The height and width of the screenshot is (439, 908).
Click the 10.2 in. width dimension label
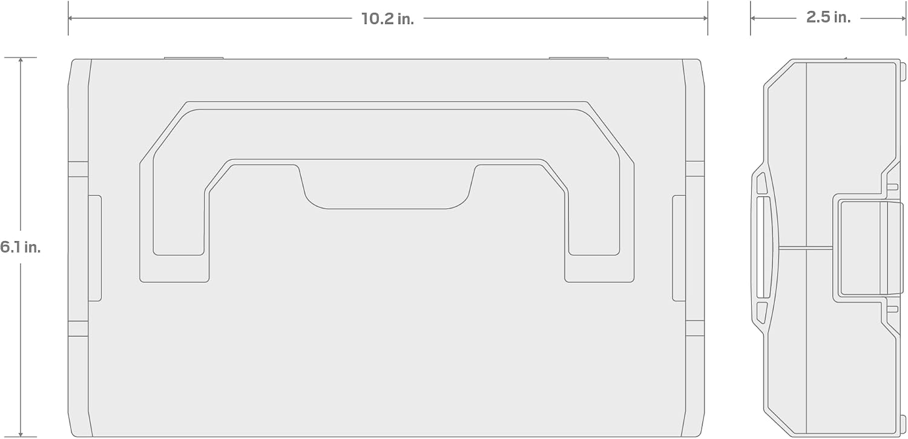coord(387,19)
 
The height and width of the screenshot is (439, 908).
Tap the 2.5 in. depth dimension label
coord(828,17)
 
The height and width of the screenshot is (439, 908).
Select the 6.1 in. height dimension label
coord(20,247)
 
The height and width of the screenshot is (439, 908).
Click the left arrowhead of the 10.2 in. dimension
coord(71,18)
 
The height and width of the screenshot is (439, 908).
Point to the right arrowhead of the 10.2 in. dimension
coord(705,18)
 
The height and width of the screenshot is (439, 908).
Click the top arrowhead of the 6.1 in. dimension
coord(21,60)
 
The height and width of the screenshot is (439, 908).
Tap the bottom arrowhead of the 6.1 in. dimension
coord(21,434)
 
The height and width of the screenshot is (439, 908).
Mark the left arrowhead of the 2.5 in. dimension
coord(753,18)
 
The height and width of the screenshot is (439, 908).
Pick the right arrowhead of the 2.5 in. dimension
coord(903,18)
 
